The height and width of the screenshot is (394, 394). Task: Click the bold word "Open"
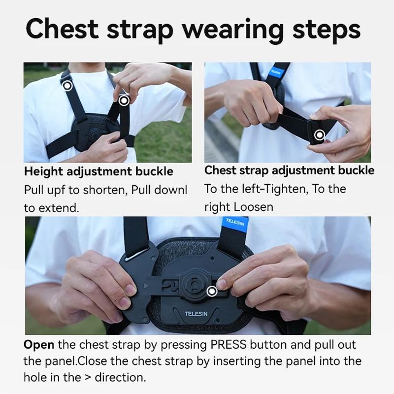coord(39,345)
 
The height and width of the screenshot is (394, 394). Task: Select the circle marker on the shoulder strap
coord(67,85)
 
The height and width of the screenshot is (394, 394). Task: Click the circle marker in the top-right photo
coord(320,134)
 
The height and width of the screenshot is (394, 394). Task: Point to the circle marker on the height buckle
coord(124,100)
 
